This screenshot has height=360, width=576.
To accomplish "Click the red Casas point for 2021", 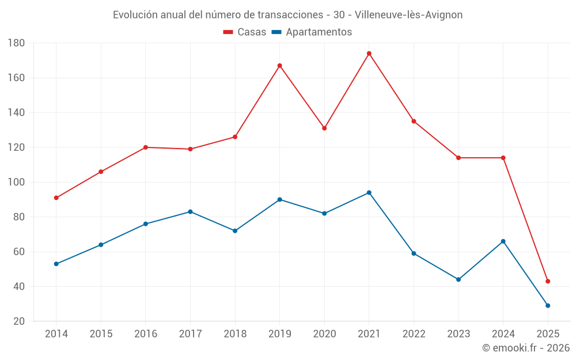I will [369, 54].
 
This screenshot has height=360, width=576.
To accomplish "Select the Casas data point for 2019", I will [280, 66].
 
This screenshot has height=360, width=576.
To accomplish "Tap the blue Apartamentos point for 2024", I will [503, 241].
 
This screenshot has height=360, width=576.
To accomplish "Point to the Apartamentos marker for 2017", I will [190, 212].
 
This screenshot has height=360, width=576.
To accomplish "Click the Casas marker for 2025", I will [548, 281].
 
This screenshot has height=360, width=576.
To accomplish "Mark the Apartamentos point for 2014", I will [56, 264].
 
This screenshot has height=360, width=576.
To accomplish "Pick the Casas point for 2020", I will [324, 128].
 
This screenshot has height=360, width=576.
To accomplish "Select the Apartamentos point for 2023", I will [458, 279].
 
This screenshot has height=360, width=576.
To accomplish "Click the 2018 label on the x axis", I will [235, 334].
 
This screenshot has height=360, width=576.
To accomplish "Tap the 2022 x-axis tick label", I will [414, 334].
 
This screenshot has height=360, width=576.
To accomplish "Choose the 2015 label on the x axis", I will [101, 334].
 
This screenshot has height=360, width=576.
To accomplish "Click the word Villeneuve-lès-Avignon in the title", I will [409, 15].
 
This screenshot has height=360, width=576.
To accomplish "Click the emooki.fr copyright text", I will [526, 348].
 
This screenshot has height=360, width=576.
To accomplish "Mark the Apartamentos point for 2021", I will [369, 192].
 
